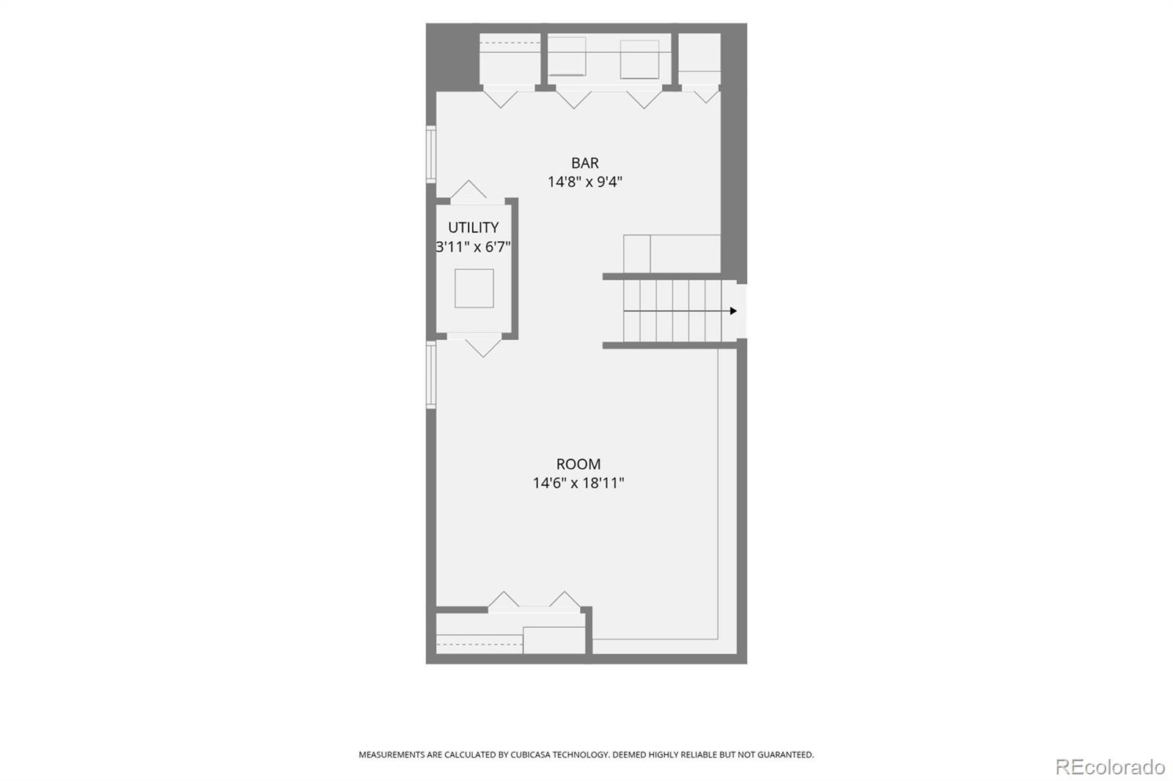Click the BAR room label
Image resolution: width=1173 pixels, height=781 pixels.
[x=584, y=163]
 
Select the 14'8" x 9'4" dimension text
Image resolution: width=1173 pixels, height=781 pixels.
[x=584, y=182]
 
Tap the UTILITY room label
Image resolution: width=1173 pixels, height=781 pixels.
[x=473, y=228]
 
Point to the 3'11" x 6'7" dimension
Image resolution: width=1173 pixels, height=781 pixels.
[x=473, y=247]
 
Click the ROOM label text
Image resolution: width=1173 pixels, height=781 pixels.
[x=578, y=464]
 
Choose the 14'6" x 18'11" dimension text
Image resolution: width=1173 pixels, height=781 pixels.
[x=578, y=483]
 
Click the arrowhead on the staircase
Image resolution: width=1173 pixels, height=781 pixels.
[x=733, y=311]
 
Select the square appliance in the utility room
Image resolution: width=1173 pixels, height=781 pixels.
[x=474, y=289]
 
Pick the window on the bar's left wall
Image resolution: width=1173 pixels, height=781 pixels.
[x=431, y=155]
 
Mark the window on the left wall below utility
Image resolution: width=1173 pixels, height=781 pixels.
[x=431, y=375]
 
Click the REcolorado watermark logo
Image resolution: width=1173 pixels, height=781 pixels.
[x=1110, y=767]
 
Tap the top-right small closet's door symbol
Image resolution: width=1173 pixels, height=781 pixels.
[x=707, y=97]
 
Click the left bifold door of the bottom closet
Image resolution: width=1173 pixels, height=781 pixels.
[x=503, y=600]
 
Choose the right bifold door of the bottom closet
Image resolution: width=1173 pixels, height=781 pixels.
[x=565, y=600]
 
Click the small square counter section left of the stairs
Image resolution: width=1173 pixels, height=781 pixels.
[x=637, y=254]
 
